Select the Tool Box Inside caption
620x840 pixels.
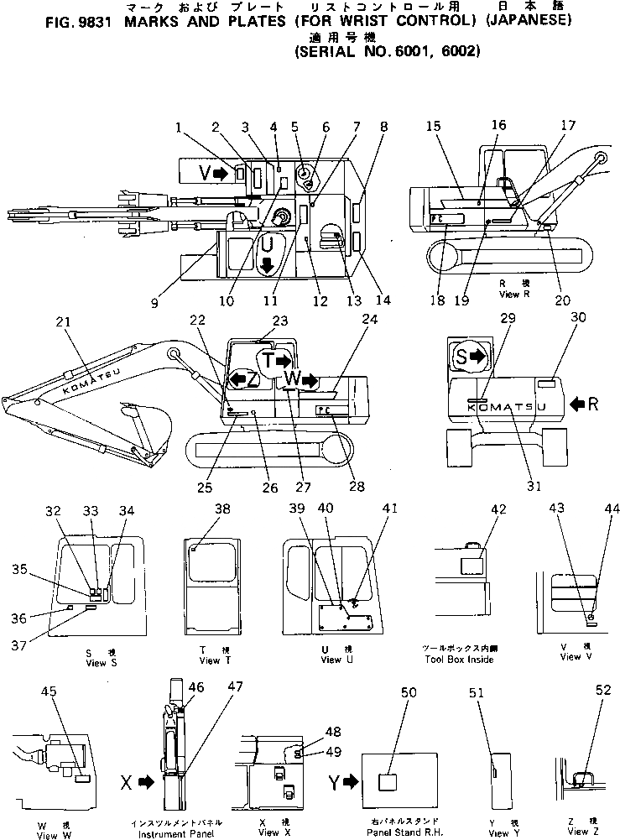460,659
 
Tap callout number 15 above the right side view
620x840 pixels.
433,125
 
